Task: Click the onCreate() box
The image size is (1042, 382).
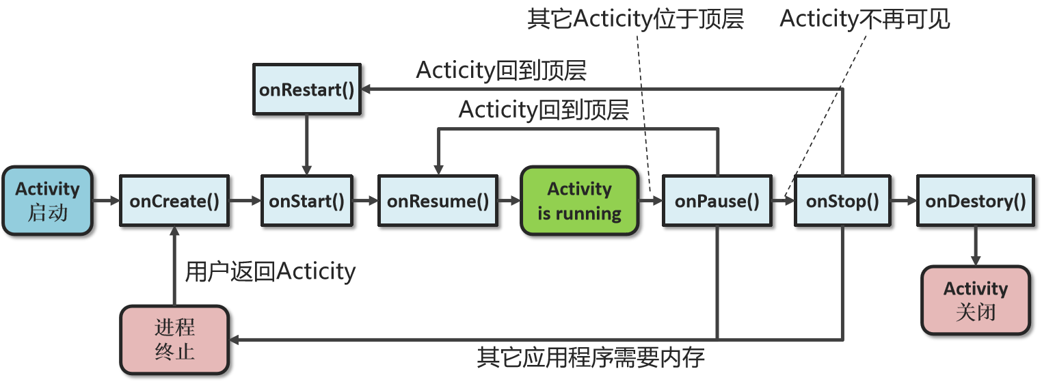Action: pos(174,201)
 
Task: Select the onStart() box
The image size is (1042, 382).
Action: pos(307,201)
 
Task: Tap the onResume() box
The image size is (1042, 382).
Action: pos(438,201)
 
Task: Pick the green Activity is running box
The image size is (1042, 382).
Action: pos(579,201)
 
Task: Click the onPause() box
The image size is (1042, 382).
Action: pos(717,201)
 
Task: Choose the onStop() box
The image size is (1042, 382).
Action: pos(842,201)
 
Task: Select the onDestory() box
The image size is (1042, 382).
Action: pos(976,201)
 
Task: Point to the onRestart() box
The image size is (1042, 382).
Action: pos(307,90)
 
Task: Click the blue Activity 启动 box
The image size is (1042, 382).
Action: pos(47,201)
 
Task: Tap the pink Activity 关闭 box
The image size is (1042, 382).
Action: pos(976,301)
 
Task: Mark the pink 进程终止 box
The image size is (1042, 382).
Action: pos(174,340)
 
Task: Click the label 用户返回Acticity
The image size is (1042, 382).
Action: pos(271,272)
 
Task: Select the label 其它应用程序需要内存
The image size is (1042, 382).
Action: pos(591,357)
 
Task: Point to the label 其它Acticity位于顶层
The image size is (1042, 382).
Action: pos(635,19)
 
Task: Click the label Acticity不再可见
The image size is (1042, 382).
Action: pos(865,19)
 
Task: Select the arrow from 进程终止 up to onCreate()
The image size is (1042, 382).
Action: pos(174,267)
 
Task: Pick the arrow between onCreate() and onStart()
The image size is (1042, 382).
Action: pos(245,201)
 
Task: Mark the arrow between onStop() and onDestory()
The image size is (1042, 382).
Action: pos(903,201)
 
